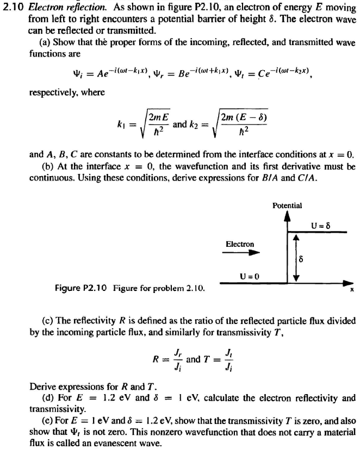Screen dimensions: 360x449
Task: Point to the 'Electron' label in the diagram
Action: coord(240,244)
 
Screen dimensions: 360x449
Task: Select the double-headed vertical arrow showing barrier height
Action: coord(296,258)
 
